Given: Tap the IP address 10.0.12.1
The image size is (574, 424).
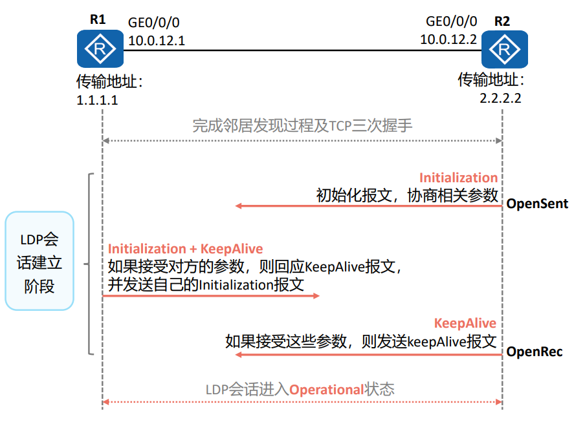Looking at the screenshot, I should coord(157,41).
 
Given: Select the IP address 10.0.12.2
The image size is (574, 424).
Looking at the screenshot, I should coord(448,39).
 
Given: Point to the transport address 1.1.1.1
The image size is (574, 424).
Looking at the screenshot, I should coord(98,101).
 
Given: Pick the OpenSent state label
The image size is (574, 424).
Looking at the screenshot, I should coord(537,204).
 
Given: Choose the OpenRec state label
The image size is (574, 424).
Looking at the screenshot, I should coord(535,352).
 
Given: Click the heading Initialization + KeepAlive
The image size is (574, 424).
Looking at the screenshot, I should coord(186,249).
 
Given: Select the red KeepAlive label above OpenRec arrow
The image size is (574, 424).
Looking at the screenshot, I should coord(465,323).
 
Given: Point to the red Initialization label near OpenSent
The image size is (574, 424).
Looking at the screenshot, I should coord(458,178).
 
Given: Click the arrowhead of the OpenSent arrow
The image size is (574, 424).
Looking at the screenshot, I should coord(238,206).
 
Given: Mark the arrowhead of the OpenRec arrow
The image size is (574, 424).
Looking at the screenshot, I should coord(238,354).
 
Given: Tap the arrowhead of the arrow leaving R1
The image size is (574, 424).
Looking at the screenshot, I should coord(316,295).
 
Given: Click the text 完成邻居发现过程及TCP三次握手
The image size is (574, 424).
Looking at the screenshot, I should coord(302,125).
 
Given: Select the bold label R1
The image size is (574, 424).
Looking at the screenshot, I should coord(98,19).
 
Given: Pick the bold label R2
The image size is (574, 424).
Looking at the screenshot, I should coord(502,21).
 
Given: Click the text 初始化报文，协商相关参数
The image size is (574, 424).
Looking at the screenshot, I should coord(407,195).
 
